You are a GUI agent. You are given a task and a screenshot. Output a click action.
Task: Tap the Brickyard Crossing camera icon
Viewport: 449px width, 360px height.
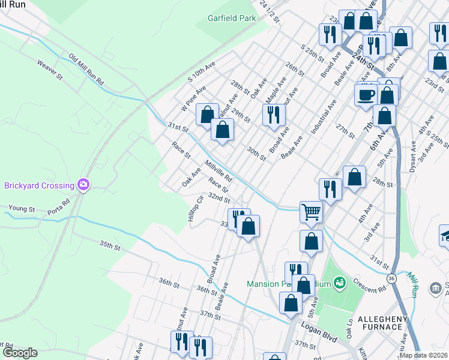[84, 185]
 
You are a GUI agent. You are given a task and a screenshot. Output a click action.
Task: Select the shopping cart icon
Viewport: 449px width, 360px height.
[311, 211]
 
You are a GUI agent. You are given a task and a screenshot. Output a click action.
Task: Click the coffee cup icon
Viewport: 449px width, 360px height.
[366, 94]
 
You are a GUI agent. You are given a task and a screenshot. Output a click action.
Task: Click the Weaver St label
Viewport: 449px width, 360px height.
[50, 70]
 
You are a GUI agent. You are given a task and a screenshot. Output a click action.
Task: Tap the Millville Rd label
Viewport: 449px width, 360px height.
[218, 171]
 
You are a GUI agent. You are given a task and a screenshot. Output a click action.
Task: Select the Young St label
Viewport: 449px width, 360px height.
[22, 209]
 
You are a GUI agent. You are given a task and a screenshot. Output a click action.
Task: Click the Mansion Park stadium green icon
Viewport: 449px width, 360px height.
[340, 281]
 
